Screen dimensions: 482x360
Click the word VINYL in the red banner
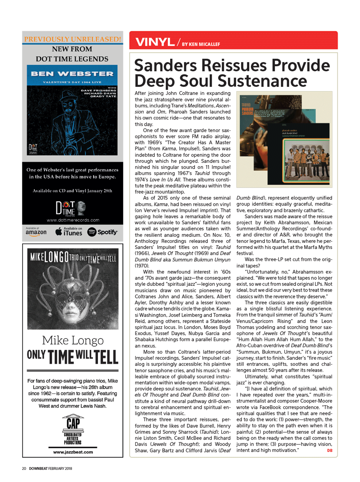(x=155, y=42)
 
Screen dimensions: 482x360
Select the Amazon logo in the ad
(x=36, y=232)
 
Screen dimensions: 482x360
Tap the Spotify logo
(x=102, y=232)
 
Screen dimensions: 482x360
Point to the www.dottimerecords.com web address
(x=73, y=220)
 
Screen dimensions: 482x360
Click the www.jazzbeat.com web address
(x=73, y=452)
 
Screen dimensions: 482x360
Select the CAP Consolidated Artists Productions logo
(x=73, y=429)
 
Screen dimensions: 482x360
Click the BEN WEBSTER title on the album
(x=72, y=74)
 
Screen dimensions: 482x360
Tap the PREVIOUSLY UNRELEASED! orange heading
(x=72, y=39)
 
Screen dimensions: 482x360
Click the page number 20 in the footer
(x=24, y=469)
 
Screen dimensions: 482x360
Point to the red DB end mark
(x=330, y=451)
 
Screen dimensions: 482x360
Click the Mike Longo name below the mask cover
(x=73, y=340)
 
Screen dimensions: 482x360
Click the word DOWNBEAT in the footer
(x=38, y=469)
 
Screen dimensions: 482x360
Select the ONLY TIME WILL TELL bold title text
(x=73, y=357)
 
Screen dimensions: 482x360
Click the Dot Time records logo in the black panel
(x=70, y=208)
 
